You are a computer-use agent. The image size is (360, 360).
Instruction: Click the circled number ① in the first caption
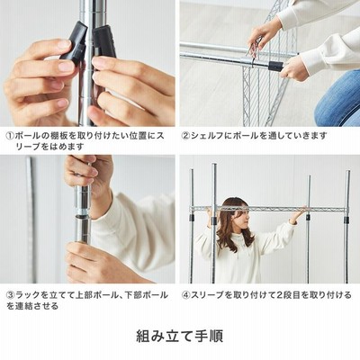[11, 136]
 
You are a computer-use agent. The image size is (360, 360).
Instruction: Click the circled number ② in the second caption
[186, 136]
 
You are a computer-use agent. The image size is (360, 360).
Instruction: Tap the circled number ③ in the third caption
[11, 295]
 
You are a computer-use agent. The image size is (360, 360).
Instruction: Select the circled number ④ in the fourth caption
[186, 295]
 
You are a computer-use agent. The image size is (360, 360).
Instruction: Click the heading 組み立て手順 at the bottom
[180, 336]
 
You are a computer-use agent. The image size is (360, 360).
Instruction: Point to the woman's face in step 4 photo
[242, 216]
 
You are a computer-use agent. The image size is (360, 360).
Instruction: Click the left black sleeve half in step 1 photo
[75, 41]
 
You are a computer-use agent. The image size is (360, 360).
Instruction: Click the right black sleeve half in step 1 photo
[104, 42]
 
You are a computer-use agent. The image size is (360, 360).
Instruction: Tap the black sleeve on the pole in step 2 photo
[275, 67]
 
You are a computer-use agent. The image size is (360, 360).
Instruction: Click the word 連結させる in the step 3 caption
[37, 306]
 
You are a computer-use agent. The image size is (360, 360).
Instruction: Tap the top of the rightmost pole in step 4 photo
[347, 173]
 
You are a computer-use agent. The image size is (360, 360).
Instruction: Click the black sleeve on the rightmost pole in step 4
[346, 220]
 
